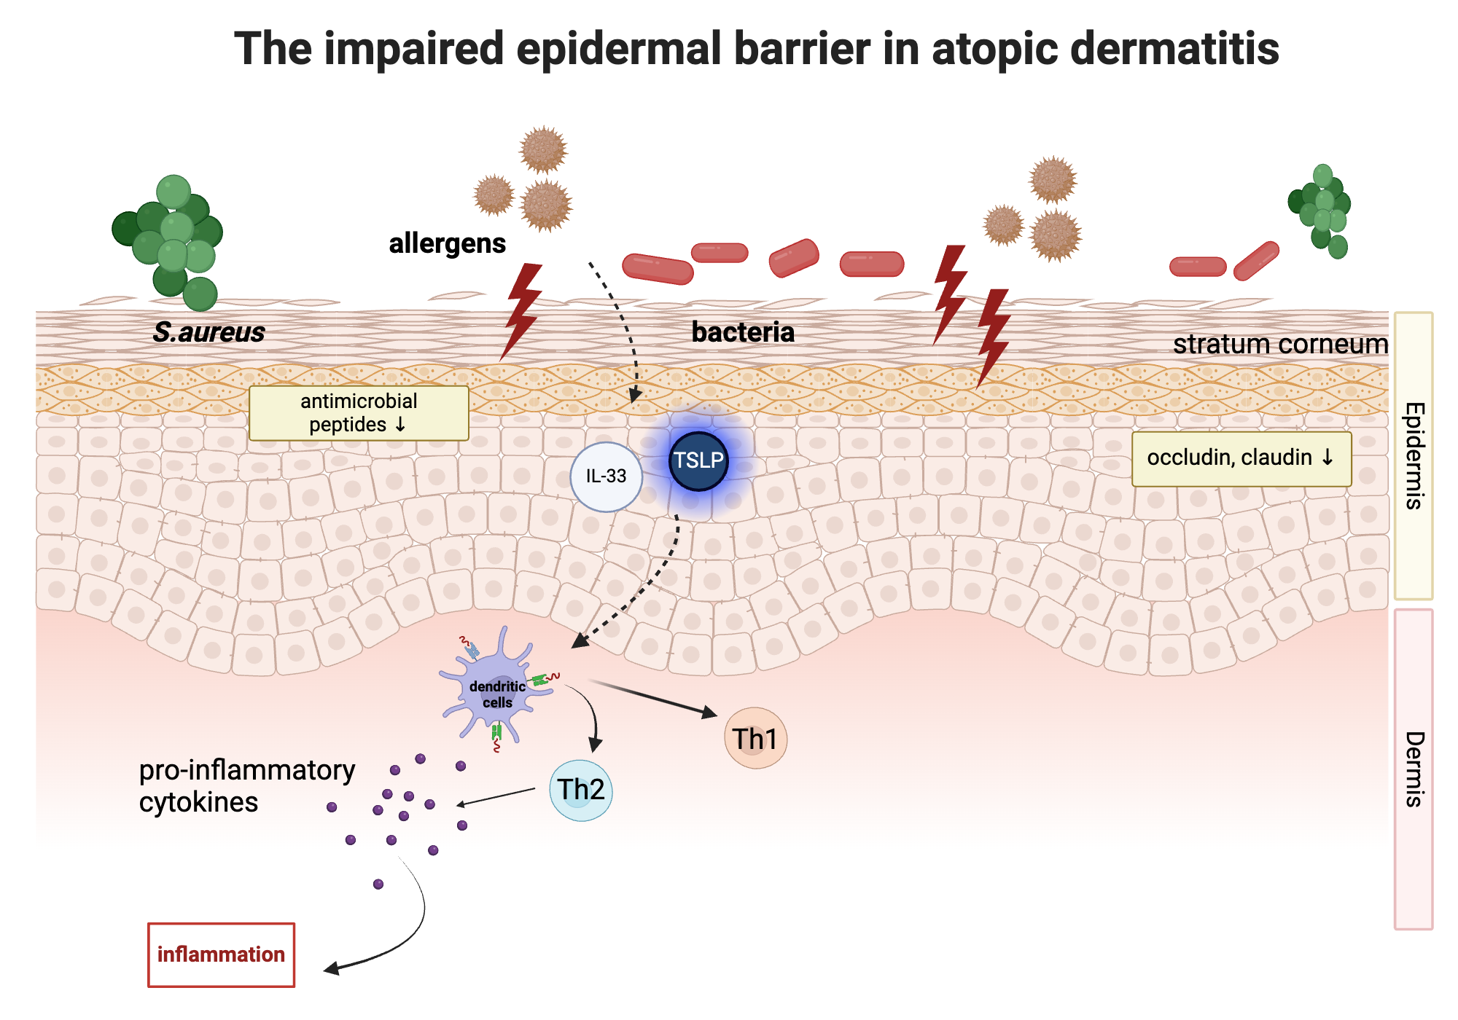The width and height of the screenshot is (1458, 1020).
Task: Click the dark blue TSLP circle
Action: point(698,461)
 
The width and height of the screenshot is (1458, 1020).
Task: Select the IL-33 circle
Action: point(606,476)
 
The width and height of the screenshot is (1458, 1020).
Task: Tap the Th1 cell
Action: point(755,739)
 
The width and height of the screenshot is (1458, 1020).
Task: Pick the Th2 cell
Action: point(581,790)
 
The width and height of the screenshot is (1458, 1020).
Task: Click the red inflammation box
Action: point(221,954)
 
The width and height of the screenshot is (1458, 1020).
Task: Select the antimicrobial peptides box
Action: point(359,413)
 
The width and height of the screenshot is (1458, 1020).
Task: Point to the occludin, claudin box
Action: point(1241,458)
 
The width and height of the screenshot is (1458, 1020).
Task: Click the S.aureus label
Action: point(208,332)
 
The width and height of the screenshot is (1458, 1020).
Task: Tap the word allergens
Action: point(447,243)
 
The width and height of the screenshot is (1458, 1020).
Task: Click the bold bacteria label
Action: point(742,332)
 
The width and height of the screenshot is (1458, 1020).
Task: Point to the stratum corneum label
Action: point(1279,344)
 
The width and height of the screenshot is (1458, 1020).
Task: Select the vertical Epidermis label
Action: point(1414,455)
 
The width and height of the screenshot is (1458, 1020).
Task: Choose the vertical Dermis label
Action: point(1414,769)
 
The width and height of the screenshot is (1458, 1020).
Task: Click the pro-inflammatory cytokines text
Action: point(246,785)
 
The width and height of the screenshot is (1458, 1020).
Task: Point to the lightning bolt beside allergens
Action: point(522,310)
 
